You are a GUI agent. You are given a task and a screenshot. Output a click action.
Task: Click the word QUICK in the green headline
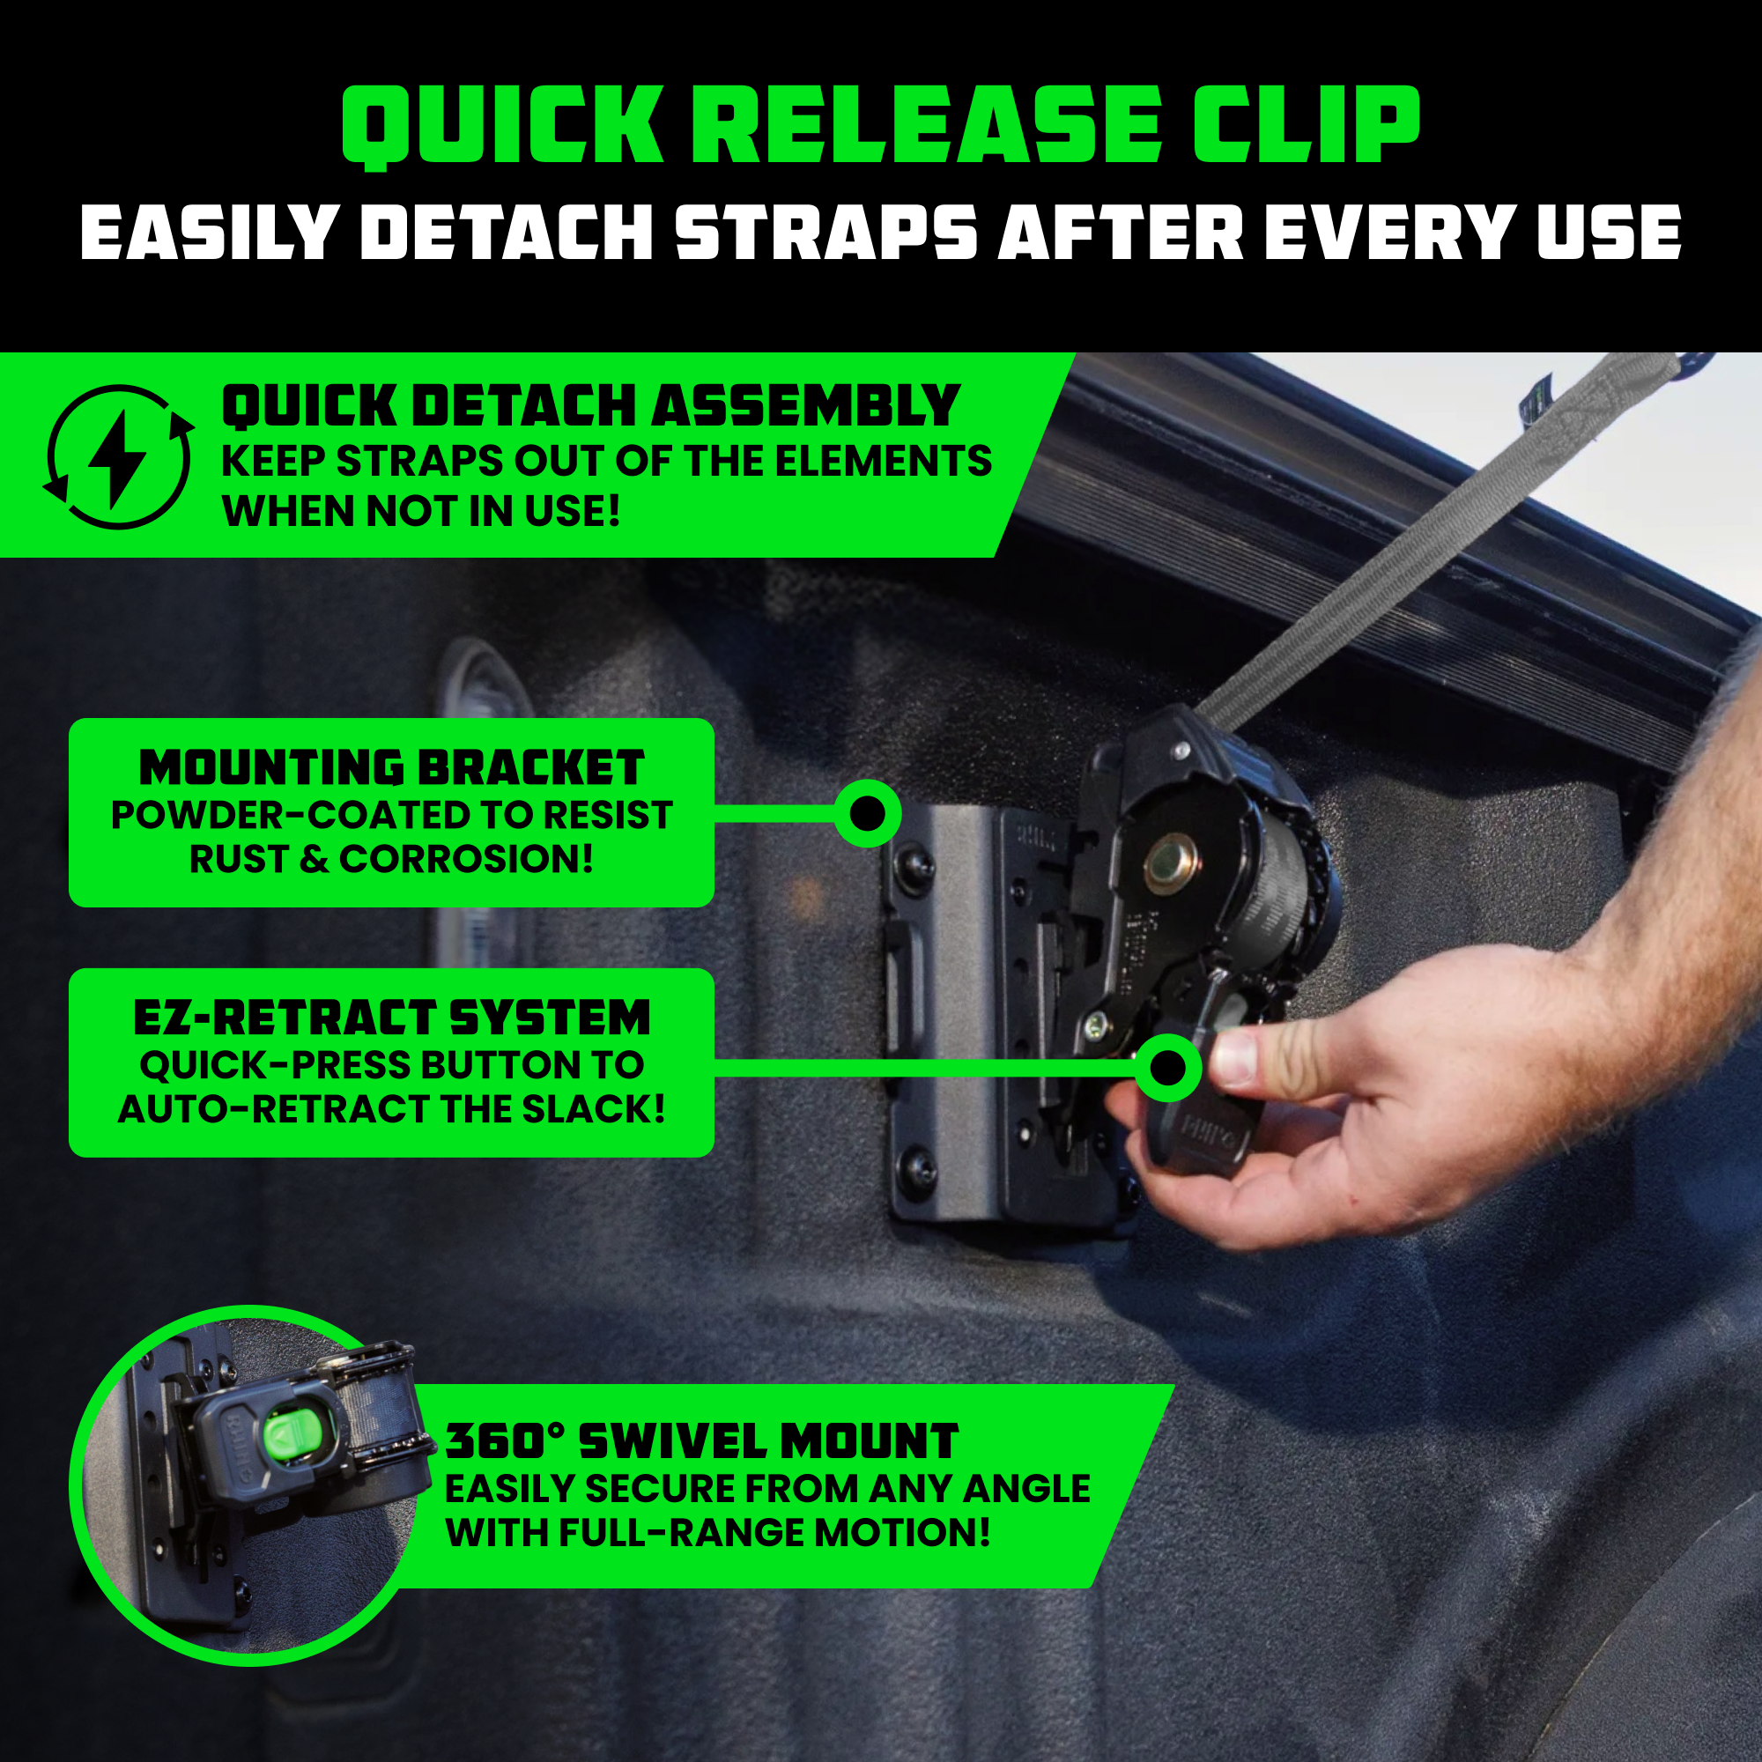coord(500,127)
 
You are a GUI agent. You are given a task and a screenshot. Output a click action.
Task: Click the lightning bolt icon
coord(118,457)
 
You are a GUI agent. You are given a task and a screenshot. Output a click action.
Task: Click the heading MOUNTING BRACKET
coord(391,768)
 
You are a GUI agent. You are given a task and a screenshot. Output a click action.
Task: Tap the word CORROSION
coord(467,859)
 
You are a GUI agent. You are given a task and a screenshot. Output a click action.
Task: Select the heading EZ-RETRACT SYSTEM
coord(391,1018)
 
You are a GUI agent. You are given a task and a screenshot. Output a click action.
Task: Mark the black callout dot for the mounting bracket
coord(867,811)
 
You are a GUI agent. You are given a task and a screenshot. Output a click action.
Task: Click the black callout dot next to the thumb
coord(1167,1066)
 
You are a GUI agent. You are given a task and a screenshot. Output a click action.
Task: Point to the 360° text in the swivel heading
coord(507,1441)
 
